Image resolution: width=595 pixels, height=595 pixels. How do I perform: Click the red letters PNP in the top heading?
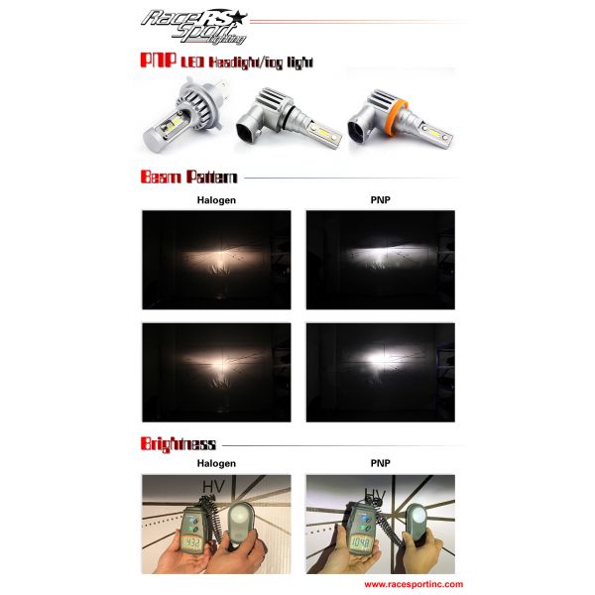tap(159, 61)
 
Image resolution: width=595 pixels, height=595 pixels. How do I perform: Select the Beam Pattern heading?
tap(189, 178)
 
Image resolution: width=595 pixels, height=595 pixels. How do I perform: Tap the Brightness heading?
tap(178, 443)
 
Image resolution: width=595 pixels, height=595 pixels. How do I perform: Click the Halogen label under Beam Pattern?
tap(216, 200)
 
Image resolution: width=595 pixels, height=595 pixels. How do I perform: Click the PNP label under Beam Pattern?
tap(380, 200)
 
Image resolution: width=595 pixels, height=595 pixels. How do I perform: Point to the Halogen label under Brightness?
tap(216, 464)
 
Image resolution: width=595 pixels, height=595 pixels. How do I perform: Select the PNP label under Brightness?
tap(380, 464)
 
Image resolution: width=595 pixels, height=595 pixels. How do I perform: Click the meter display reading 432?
tap(190, 544)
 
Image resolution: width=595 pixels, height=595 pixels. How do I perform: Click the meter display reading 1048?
tap(358, 544)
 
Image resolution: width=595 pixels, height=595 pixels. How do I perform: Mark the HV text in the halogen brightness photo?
tap(213, 487)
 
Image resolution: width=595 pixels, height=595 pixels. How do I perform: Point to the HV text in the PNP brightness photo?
tap(376, 493)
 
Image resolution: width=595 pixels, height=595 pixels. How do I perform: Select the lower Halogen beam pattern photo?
tap(216, 373)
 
